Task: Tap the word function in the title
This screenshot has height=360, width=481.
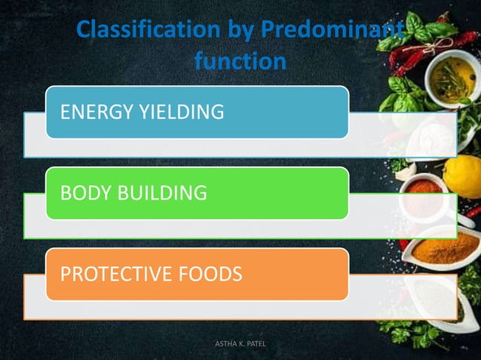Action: (x=240, y=60)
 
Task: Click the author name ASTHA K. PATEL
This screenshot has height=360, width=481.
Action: (x=240, y=344)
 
